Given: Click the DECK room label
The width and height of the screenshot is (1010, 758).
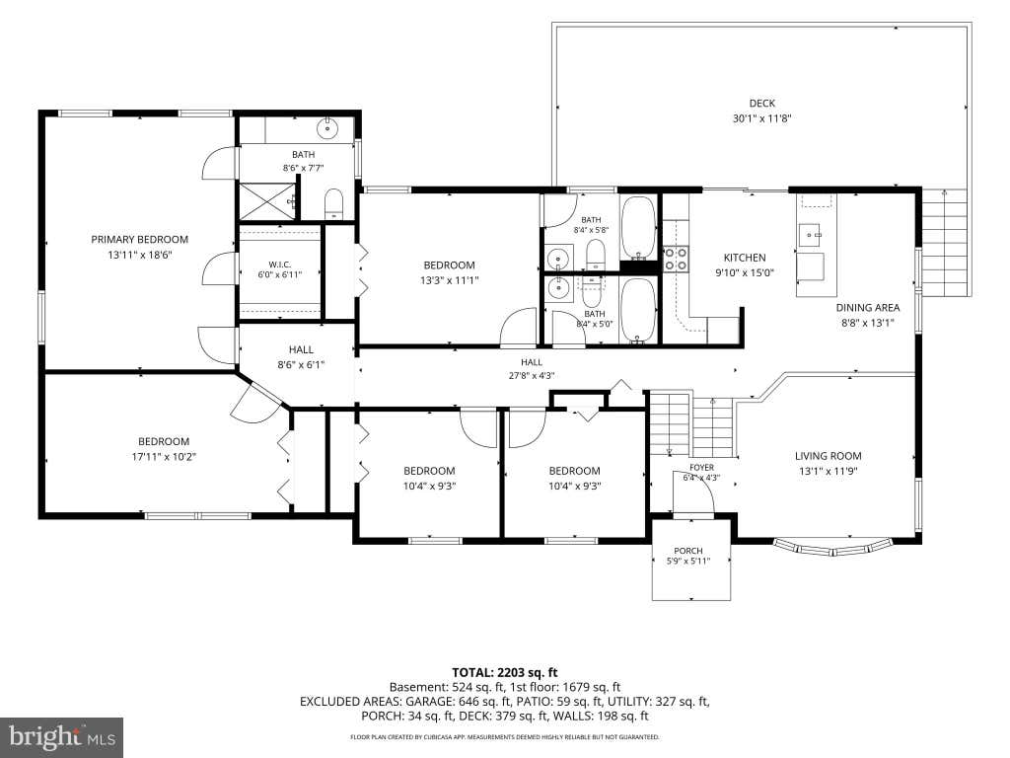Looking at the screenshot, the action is coord(762,103).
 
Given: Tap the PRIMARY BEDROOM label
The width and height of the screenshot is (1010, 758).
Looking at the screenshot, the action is coord(140,239).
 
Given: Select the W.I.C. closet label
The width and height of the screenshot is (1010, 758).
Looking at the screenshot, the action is coord(279,265).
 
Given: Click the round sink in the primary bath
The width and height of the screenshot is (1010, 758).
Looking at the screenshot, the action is coord(327,128).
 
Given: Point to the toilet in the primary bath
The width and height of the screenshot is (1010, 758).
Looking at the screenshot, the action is coord(333,203).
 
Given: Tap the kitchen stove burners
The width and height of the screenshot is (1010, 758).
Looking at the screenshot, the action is coord(676,259).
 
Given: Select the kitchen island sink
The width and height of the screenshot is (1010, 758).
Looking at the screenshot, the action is coord(811,235).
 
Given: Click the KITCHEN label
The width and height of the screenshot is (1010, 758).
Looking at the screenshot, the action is coord(745,258).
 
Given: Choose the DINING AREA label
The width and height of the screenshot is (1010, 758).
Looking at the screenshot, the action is coord(868,308).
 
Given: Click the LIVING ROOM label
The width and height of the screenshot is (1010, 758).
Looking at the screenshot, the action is coord(828,456).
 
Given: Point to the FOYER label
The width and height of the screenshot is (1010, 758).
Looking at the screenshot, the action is coord(701,467).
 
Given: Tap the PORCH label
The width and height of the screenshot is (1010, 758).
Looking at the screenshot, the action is coord(687,551).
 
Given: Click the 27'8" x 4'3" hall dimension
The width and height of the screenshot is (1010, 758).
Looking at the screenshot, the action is coord(532,376).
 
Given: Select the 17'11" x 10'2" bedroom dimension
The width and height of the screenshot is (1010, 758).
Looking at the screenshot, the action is coord(164,457).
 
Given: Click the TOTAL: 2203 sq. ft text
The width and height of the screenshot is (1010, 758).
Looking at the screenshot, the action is coord(504,673).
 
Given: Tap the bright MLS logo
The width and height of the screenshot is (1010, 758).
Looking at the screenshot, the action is coord(62,735).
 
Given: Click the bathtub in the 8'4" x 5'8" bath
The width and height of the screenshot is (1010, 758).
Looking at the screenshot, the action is coord(638,227).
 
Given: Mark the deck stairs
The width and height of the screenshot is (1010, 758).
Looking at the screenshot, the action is coord(945,242).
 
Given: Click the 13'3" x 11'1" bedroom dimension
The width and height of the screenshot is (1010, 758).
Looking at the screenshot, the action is coord(449,280).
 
